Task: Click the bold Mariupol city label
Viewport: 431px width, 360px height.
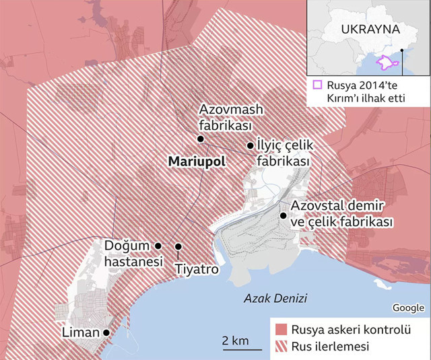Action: pos(195,162)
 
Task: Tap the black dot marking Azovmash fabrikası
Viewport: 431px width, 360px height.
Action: pos(200,139)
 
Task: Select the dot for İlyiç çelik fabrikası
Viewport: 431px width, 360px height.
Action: pos(250,145)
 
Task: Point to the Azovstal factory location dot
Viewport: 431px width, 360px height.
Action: pos(283,215)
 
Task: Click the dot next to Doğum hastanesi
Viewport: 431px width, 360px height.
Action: pos(158,246)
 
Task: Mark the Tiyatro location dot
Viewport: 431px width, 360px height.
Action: pos(178,246)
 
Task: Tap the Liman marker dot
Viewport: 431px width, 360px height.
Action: pos(106,332)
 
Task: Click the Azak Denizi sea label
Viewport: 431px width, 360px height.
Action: pos(275,298)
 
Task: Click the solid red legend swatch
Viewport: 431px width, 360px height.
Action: pos(281,330)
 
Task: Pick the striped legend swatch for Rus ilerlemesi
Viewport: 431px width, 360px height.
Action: pos(281,347)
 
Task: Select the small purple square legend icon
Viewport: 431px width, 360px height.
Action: pos(317,85)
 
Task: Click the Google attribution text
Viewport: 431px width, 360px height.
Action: pos(408,308)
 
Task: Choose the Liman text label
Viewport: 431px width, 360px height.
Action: pos(81,332)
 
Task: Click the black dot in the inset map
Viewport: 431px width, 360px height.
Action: pos(402,49)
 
